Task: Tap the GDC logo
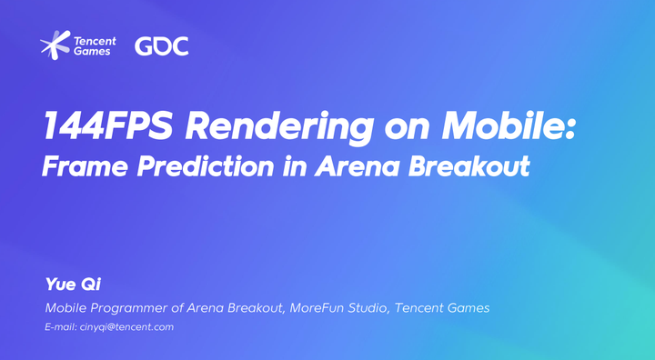(x=162, y=45)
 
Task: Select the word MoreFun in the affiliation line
(x=318, y=308)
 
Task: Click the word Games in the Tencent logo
(x=95, y=52)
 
